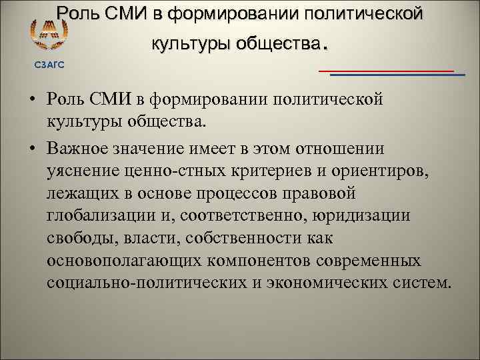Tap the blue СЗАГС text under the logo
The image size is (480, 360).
pyautogui.click(x=46, y=63)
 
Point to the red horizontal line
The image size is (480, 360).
pyautogui.click(x=386, y=71)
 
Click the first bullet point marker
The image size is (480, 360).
pyautogui.click(x=31, y=100)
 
